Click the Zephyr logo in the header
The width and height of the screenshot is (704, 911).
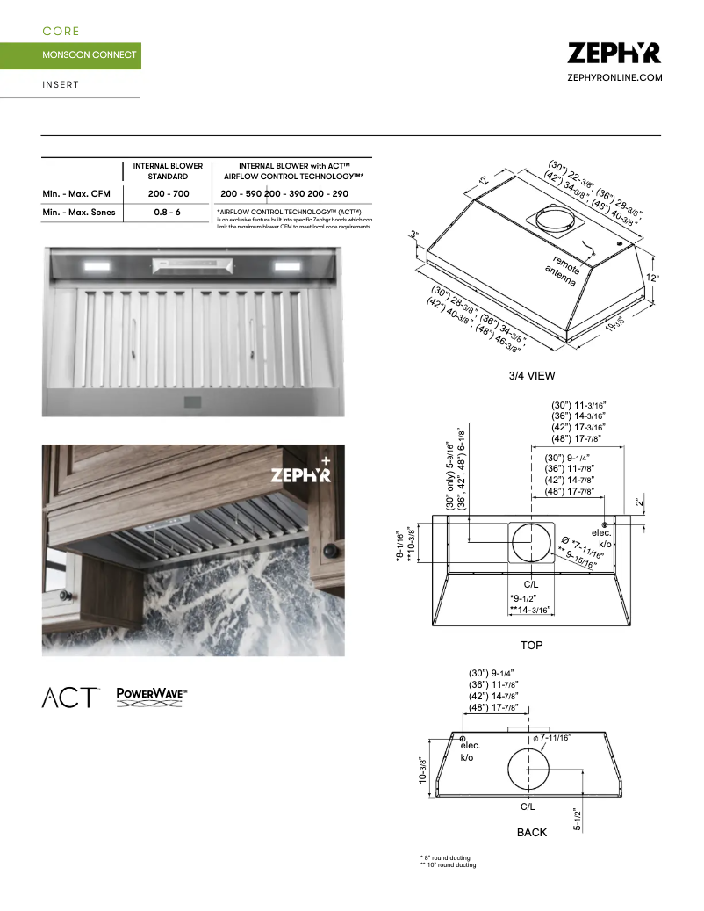click(614, 53)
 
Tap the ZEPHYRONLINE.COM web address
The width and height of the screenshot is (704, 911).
click(614, 78)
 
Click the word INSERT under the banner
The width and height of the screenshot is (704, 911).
click(61, 85)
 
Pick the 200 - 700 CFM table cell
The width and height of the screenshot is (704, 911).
click(168, 193)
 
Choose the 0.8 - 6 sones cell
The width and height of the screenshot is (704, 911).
click(168, 213)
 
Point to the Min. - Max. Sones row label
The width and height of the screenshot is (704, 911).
click(78, 213)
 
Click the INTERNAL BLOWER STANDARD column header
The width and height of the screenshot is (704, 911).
click(168, 170)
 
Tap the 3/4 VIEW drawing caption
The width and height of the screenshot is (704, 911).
click(532, 376)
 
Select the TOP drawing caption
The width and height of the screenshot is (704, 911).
click(531, 646)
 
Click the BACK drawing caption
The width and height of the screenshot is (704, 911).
click(531, 832)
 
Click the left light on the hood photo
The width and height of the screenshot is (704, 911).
click(97, 265)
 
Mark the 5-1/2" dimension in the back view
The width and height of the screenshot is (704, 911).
click(579, 820)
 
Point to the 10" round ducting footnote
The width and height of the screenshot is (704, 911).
click(448, 865)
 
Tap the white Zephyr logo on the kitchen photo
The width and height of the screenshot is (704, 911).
click(300, 474)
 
